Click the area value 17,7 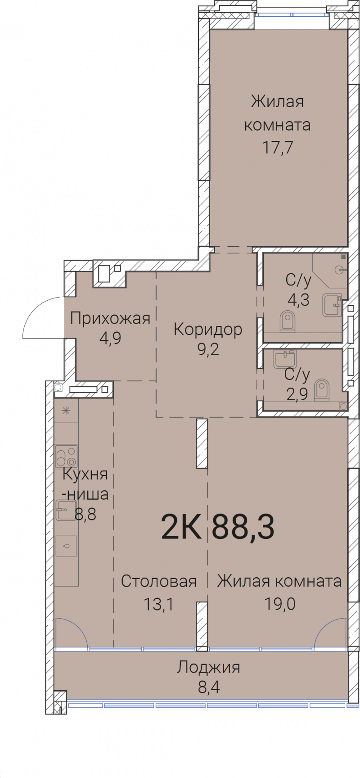278,147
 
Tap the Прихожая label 110,319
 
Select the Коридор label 208,330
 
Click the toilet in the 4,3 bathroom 287,321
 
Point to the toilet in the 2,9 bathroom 321,389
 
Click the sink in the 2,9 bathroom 285,359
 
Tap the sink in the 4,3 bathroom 332,305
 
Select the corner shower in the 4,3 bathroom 331,270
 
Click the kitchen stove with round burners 67,457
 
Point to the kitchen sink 66,510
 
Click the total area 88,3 243,527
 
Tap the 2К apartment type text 181,527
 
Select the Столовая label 159,581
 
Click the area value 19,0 279,603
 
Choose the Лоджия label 208,667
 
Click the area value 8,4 209,688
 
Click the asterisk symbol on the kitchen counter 66,410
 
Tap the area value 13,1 158,604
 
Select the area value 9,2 208,349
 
